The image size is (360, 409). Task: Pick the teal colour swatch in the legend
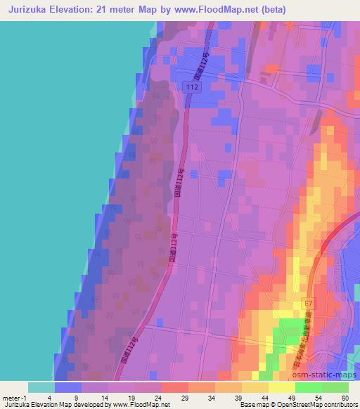(x=41, y=387)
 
